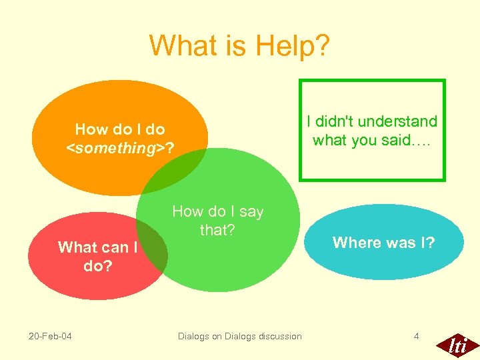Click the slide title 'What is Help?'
coord(239,45)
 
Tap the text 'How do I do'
coord(120,129)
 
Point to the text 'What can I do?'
coord(97,256)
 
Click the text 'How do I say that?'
coord(217,221)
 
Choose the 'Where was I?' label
coord(383,243)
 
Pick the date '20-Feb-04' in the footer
coord(51,336)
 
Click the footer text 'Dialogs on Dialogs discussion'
coord(239,336)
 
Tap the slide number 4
coord(416,336)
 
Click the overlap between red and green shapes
coord(155,250)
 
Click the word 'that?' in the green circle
coord(217,230)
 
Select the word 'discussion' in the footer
coord(277,336)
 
